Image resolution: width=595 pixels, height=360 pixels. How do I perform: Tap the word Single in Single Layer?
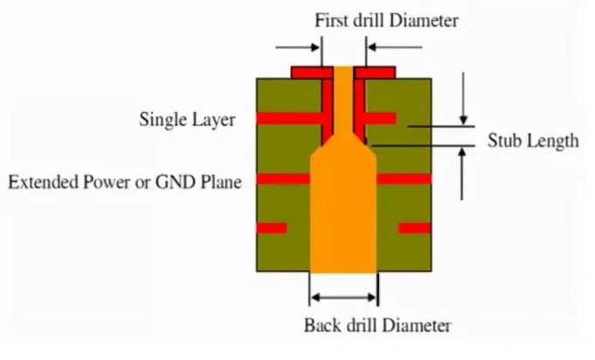click(x=161, y=120)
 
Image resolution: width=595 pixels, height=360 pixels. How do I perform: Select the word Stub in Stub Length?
click(x=505, y=140)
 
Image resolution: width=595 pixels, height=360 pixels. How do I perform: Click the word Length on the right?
click(x=551, y=140)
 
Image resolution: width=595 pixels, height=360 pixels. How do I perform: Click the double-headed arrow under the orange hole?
click(x=343, y=297)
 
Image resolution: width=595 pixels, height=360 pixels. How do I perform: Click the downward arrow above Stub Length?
click(x=464, y=96)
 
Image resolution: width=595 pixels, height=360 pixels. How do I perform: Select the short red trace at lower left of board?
click(x=272, y=227)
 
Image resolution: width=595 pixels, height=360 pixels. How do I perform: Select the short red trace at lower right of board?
click(x=414, y=227)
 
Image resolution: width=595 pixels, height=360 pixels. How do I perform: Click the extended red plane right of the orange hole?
click(x=404, y=178)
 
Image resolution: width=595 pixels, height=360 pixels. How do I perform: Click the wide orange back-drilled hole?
click(x=343, y=218)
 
